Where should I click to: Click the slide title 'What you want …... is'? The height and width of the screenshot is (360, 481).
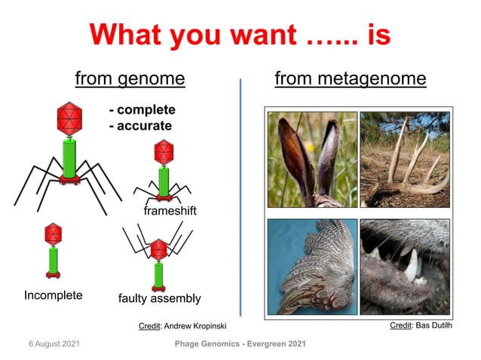point(240,34)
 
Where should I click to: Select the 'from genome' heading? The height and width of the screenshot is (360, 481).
point(130,78)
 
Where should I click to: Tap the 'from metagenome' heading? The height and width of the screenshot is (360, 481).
point(350,78)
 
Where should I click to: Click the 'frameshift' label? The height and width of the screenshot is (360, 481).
point(170,212)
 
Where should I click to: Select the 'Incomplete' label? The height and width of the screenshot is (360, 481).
point(53,295)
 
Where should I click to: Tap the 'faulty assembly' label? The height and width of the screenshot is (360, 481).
point(160,298)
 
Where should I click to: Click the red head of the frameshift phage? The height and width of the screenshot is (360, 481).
point(164,153)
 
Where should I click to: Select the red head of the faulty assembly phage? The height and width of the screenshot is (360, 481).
point(159,249)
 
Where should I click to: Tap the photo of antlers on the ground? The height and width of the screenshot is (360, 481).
point(404,160)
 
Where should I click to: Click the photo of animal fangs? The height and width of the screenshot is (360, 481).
point(404,266)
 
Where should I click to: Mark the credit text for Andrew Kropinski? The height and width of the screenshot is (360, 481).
point(182,325)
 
